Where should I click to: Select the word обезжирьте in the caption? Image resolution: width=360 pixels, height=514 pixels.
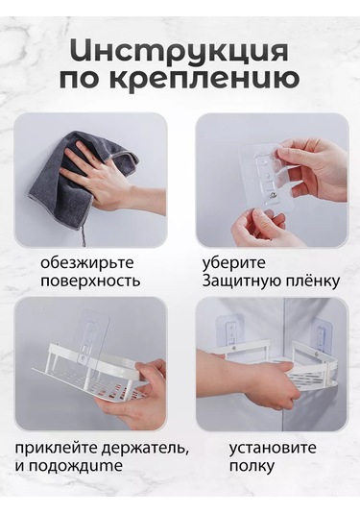(87, 261)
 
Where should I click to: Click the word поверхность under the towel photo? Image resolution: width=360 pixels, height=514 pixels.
(90, 281)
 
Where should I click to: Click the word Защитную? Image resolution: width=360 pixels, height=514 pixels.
(237, 281)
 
